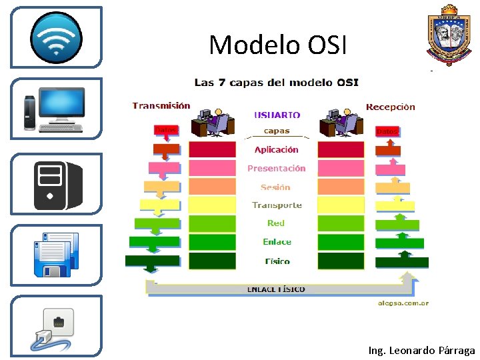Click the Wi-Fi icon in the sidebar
point(56,37)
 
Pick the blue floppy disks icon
point(57,254)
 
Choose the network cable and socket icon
point(56,327)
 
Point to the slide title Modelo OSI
point(277,45)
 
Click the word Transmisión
point(161,105)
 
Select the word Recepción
point(390,107)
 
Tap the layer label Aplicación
point(276,150)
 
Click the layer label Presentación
point(276,169)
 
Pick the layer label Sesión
point(276,187)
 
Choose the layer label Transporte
point(277,205)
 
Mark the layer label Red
point(276,223)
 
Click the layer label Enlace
point(277,242)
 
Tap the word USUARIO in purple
point(277,115)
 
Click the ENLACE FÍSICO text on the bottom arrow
point(276,289)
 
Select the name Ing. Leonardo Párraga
point(421,350)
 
